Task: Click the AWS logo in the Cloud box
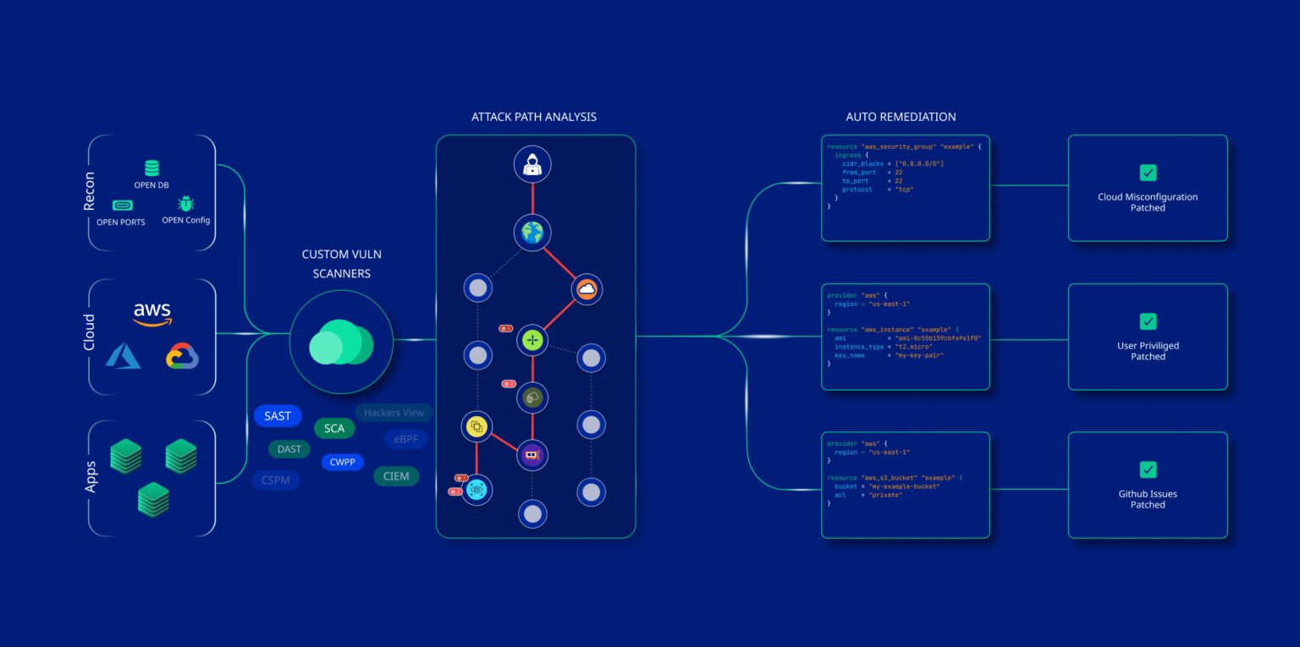pyautogui.click(x=152, y=314)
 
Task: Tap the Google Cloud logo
pyautogui.click(x=182, y=356)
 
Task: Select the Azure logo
pyautogui.click(x=123, y=356)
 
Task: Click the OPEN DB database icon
pyautogui.click(x=151, y=168)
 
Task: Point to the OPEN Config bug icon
pyautogui.click(x=185, y=204)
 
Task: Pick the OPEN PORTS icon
pyautogui.click(x=122, y=205)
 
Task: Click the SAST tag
pyautogui.click(x=278, y=416)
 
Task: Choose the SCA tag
pyautogui.click(x=334, y=429)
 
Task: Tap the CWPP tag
pyautogui.click(x=343, y=463)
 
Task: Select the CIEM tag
pyautogui.click(x=396, y=476)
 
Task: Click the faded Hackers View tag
pyautogui.click(x=394, y=413)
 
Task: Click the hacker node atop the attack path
pyautogui.click(x=532, y=165)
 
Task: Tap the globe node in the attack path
pyautogui.click(x=532, y=233)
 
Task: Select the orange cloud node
pyautogui.click(x=587, y=289)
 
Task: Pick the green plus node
pyautogui.click(x=532, y=340)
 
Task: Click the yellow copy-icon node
pyautogui.click(x=476, y=425)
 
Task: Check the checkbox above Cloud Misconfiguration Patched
pyautogui.click(x=1148, y=173)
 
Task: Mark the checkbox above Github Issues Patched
pyautogui.click(x=1148, y=469)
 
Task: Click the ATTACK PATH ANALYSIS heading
pyautogui.click(x=533, y=117)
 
